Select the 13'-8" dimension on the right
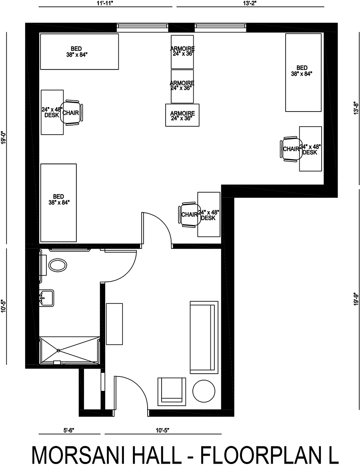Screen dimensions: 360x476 tap(356, 108)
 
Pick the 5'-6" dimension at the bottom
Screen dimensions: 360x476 tap(69, 430)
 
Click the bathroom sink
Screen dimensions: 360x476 tap(46, 298)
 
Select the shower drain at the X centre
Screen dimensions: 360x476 tap(58, 351)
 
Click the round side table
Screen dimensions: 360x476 tap(204, 391)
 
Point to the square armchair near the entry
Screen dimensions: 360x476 tap(172, 391)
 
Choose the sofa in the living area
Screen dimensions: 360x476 tap(204, 337)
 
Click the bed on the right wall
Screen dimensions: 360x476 tap(303, 72)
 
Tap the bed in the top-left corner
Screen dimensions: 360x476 tap(79, 52)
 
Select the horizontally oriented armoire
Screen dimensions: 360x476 tap(182, 115)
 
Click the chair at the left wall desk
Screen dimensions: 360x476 tap(72, 112)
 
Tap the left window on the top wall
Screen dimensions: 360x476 tap(142, 28)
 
